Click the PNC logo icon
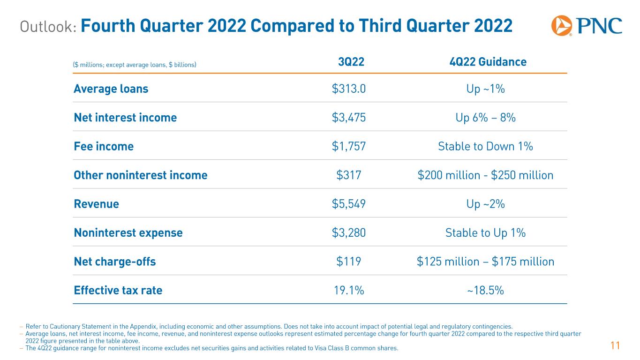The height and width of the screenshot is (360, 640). coord(561,26)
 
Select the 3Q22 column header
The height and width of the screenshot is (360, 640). coord(351,62)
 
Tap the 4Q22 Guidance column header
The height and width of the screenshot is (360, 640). coord(488,62)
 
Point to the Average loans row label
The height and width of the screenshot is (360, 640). coord(111,89)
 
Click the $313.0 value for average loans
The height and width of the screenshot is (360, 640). coord(349,89)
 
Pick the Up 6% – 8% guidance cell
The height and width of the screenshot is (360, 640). coord(485,118)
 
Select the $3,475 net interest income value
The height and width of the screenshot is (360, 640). coord(349,118)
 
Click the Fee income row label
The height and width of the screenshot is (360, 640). coord(104,146)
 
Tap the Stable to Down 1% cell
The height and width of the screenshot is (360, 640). coord(485,146)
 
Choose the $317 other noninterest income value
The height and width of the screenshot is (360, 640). coord(349,175)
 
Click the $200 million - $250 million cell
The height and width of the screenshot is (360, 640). coord(485,175)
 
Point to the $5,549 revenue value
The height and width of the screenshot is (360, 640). coord(349,204)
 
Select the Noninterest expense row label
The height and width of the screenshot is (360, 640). coord(128,233)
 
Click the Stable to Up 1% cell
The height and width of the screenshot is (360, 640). coord(485,233)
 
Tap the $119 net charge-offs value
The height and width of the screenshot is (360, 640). coord(349,262)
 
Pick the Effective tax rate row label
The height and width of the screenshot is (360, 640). coord(118,290)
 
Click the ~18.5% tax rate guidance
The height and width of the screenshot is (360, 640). coord(485,291)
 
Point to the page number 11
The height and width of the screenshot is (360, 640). coord(615,346)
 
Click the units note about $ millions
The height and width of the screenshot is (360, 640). coord(135,65)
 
